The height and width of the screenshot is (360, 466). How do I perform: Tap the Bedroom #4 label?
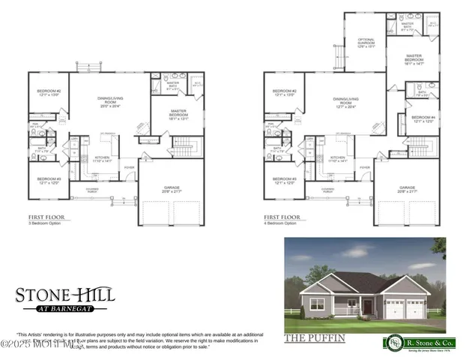click(423, 118)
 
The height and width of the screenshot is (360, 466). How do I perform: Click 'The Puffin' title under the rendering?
click(315, 338)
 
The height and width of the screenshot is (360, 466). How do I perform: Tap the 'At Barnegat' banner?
click(66, 307)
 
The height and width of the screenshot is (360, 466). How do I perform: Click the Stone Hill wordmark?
click(66, 293)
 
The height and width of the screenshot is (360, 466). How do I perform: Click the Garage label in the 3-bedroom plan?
click(172, 189)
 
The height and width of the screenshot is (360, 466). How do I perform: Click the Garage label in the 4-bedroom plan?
click(408, 189)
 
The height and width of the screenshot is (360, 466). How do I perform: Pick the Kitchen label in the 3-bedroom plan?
click(102, 159)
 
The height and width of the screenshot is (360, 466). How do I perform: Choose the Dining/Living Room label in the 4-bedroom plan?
click(345, 103)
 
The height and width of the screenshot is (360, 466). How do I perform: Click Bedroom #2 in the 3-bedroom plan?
click(49, 93)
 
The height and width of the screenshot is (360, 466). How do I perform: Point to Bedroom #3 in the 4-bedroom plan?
click(285, 181)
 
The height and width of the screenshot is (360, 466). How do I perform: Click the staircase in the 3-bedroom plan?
click(184, 145)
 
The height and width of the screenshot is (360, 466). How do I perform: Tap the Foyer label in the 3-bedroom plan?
click(130, 166)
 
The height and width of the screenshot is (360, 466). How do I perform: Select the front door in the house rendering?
click(351, 307)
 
